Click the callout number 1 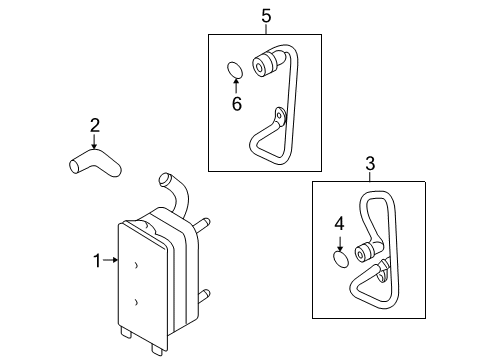(x=97, y=261)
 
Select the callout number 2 (x=95, y=125)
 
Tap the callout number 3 (x=370, y=164)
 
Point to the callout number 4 (x=339, y=224)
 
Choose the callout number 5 (x=266, y=16)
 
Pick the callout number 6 (x=237, y=104)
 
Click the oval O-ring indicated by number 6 (x=235, y=70)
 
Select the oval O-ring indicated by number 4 (x=341, y=260)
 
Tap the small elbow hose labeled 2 (x=95, y=162)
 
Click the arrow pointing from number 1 (x=111, y=260)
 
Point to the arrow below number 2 (x=94, y=141)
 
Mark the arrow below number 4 (x=340, y=244)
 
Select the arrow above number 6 (x=236, y=85)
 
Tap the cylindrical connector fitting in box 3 (x=364, y=252)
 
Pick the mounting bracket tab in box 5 (x=280, y=117)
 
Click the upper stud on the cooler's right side (x=202, y=225)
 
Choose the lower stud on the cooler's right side (x=204, y=296)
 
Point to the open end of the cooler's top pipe (x=164, y=178)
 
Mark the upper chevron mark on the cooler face (x=136, y=265)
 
